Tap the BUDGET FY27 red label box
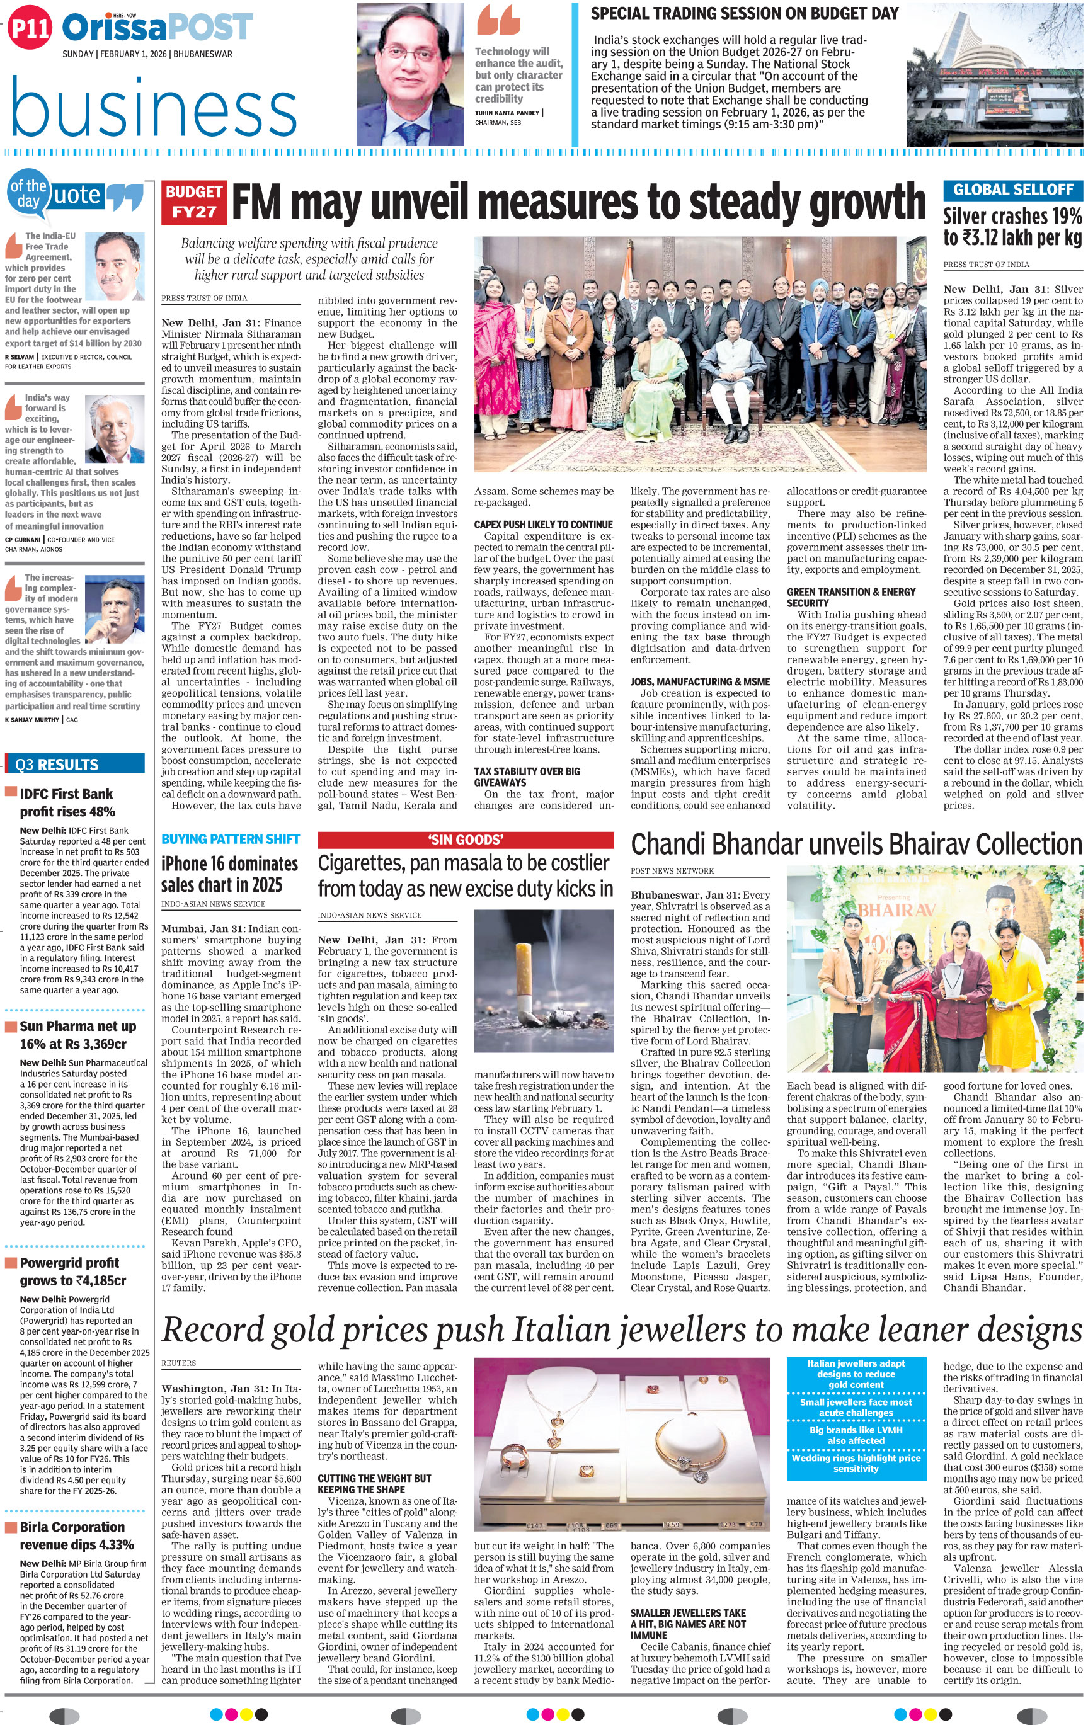[194, 202]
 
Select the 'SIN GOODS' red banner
[465, 840]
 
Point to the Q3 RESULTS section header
[75, 765]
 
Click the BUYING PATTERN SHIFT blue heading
[230, 839]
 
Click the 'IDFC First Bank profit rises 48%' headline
[67, 802]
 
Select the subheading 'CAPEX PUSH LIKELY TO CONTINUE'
[543, 525]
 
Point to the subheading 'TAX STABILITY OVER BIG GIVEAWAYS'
[527, 777]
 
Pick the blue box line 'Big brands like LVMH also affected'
[855, 1435]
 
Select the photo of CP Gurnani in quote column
[115, 428]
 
